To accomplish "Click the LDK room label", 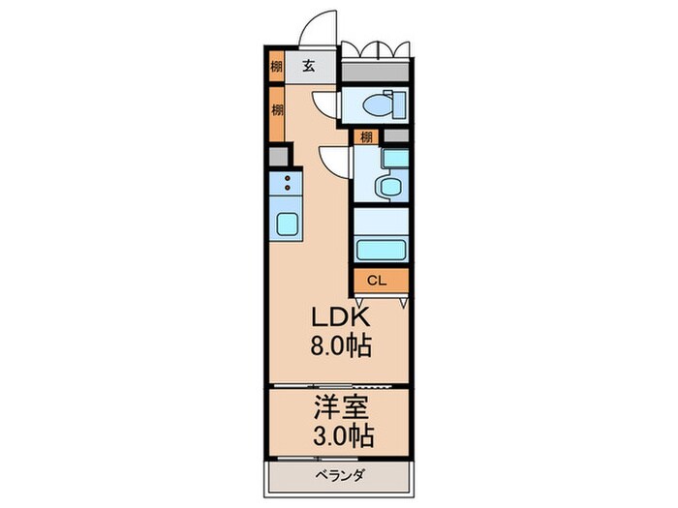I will click(339, 317).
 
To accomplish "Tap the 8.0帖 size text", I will click(339, 345).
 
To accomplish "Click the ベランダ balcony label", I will click(339, 477).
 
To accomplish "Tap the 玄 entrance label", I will click(307, 67).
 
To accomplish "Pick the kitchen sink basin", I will click(288, 224).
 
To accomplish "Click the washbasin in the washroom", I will click(391, 185).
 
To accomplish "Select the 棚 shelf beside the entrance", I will click(277, 68).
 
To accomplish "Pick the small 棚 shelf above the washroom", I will click(366, 136).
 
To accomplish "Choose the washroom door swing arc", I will click(335, 161).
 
